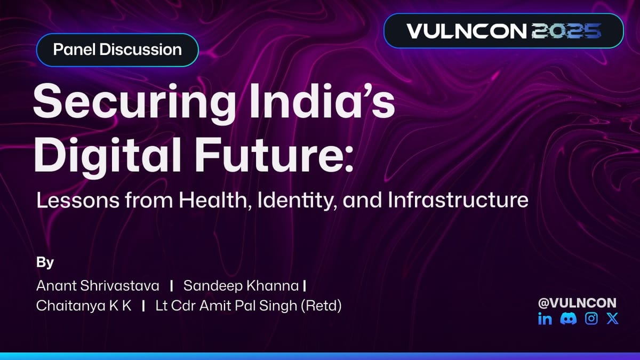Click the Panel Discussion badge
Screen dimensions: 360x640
pyautogui.click(x=117, y=50)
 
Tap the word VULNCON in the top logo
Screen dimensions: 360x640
pyautogui.click(x=466, y=30)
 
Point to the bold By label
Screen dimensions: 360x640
pyautogui.click(x=45, y=263)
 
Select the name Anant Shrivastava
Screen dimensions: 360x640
pyautogui.click(x=98, y=286)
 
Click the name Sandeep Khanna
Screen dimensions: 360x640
pyautogui.click(x=241, y=286)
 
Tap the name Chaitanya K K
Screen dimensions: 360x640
pyautogui.click(x=84, y=307)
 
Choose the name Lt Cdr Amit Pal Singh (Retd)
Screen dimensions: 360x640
pyautogui.click(x=248, y=307)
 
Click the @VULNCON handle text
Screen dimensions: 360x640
pyautogui.click(x=577, y=303)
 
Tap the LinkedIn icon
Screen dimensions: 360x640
pyautogui.click(x=545, y=319)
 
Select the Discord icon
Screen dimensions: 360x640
pyautogui.click(x=567, y=319)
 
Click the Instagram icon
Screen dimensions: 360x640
pyautogui.click(x=591, y=319)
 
